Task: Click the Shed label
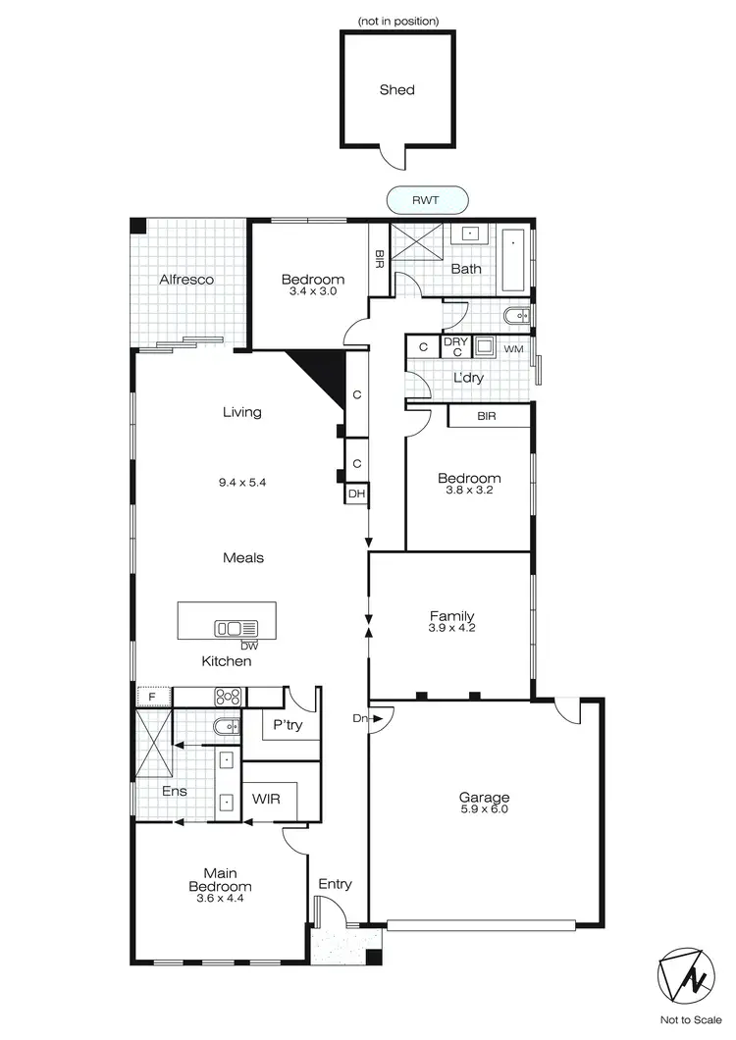397,90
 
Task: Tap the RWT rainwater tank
426,200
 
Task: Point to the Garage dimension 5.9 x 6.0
484,809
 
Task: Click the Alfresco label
186,280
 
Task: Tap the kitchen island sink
237,628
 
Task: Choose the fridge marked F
152,698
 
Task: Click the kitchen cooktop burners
229,698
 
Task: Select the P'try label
287,725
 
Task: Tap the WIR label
266,799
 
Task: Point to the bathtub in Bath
514,260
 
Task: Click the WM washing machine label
513,349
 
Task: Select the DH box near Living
355,494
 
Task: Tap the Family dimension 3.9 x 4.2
451,628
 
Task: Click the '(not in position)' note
398,21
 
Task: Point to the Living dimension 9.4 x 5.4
242,483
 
